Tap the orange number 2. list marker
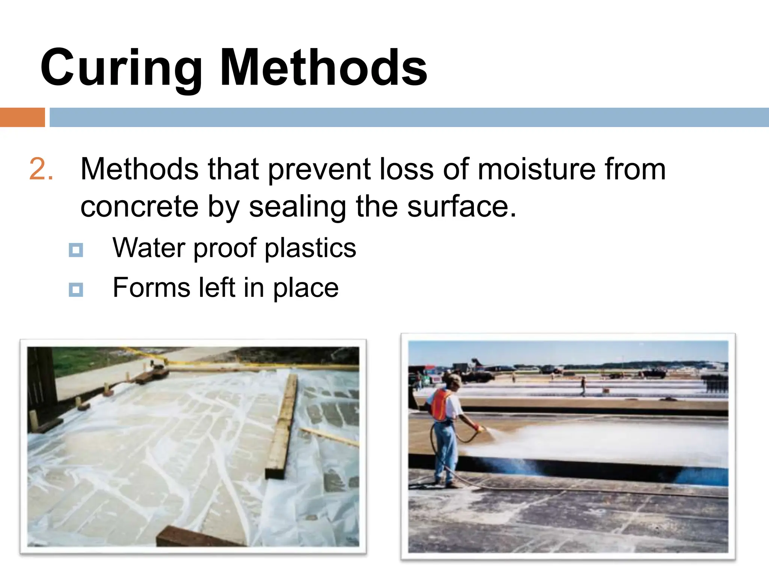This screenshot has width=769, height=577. pos(41,169)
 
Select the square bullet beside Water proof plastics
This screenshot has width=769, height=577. pos(76,250)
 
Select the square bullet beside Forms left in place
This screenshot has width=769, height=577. pos(76,290)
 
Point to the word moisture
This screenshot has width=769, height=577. pos(536,169)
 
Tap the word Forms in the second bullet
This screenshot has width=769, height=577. pos(151,288)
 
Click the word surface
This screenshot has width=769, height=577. pos(461,207)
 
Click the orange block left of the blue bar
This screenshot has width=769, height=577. pos(22,117)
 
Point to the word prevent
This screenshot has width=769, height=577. pos(319,169)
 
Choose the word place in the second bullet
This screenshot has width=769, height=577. pos(305,288)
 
